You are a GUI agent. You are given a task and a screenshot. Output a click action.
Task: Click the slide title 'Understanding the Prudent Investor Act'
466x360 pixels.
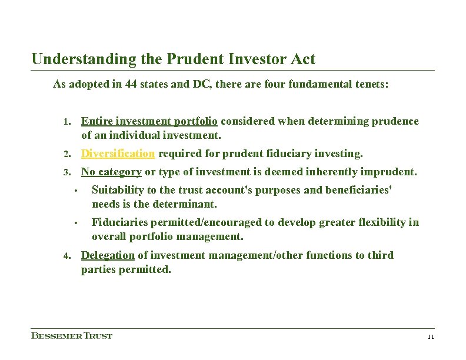(174, 59)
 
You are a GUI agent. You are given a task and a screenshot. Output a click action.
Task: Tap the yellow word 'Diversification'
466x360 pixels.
(118, 154)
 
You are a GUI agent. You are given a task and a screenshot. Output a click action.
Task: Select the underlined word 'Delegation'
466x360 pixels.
(108, 255)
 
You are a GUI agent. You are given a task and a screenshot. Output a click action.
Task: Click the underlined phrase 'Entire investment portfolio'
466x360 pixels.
(149, 121)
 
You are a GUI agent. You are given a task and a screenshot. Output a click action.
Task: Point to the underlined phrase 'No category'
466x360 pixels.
(111, 172)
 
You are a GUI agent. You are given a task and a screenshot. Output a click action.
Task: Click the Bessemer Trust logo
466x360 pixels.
(71, 336)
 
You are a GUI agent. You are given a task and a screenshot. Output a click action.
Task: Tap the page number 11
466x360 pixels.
(430, 337)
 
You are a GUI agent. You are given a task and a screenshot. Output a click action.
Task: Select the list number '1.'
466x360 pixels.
(68, 122)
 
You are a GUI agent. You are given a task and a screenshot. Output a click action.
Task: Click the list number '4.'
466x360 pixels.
(68, 256)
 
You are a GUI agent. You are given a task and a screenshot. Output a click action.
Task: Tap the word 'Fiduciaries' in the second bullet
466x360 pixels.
(119, 222)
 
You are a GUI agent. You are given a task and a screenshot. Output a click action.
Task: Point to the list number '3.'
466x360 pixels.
(68, 173)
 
